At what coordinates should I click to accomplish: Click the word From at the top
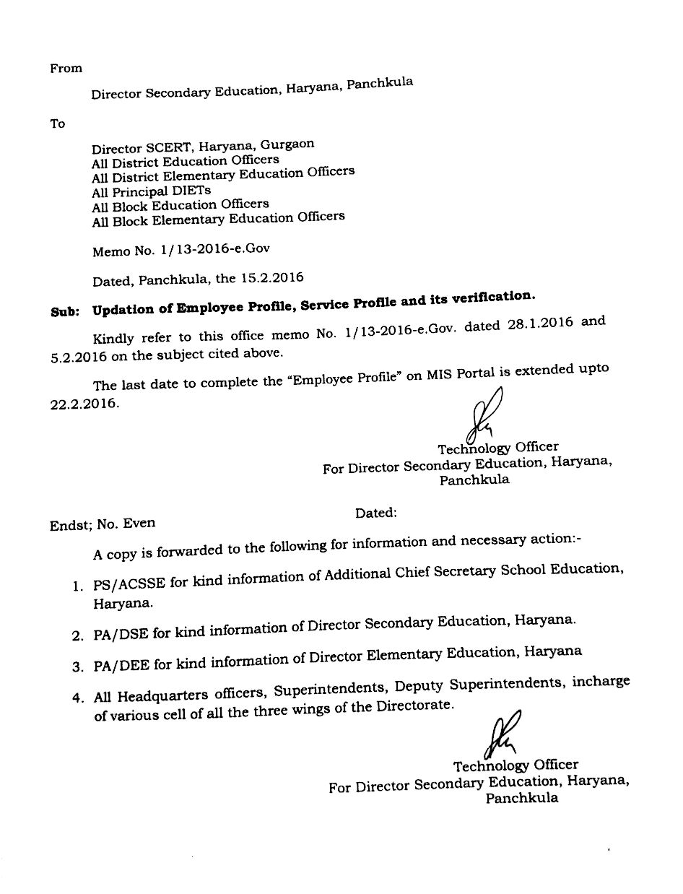click(x=66, y=69)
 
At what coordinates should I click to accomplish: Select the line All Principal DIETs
click(x=152, y=191)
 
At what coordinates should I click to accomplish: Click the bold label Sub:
click(x=66, y=312)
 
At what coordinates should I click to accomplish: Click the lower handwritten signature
click(x=502, y=733)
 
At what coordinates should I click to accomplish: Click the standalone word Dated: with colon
click(x=375, y=513)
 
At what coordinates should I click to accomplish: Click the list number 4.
click(x=76, y=698)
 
